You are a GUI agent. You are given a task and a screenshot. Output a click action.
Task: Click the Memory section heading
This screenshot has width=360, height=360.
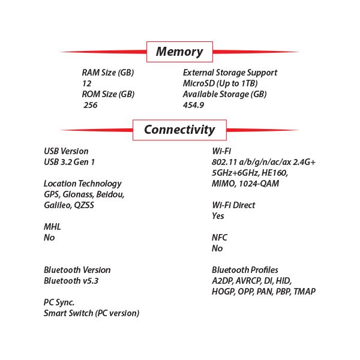tap(179, 52)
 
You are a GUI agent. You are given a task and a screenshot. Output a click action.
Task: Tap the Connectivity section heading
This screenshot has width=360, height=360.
tap(179, 130)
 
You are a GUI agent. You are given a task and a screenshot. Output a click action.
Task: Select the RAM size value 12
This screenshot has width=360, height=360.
tap(87, 83)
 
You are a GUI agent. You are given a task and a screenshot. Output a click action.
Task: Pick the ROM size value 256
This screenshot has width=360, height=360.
tap(91, 105)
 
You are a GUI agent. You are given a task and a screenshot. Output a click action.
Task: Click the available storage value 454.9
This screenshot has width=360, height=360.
tap(194, 105)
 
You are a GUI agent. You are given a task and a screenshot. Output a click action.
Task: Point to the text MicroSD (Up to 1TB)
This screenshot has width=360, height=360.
tap(220, 83)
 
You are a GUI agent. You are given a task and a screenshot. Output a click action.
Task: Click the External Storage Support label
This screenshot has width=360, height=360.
tap(230, 73)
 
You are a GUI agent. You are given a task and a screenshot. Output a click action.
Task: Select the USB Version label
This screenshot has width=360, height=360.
tap(66, 151)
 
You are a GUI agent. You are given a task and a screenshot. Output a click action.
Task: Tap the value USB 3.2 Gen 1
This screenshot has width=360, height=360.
tap(70, 162)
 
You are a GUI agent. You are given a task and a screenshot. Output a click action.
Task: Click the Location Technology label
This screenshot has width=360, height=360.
tap(83, 184)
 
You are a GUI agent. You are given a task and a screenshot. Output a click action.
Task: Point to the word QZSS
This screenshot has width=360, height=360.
tap(84, 205)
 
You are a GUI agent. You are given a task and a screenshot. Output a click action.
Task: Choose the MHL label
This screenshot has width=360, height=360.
tap(52, 227)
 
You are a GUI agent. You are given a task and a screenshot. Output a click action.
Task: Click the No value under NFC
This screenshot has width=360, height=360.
tap(217, 248)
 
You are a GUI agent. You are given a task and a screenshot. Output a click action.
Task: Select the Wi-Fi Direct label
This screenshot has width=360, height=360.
tap(233, 205)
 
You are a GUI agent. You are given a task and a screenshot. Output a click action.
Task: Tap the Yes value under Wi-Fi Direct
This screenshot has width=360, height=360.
tap(218, 216)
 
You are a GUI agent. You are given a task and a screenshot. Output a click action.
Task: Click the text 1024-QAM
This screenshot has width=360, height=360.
tap(259, 184)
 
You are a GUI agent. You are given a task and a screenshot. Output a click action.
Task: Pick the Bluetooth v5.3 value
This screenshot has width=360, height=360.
tap(71, 281)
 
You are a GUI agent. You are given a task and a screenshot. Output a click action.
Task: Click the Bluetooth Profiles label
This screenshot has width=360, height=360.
tap(245, 270)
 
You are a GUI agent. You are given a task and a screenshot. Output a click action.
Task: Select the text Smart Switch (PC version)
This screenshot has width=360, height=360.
tap(92, 313)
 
